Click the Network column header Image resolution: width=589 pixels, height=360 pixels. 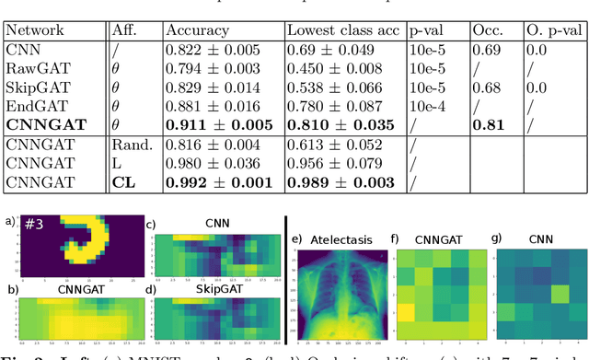point(38,30)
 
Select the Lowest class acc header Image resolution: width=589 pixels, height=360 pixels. point(342,30)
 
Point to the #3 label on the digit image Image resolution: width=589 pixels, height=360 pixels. point(40,226)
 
